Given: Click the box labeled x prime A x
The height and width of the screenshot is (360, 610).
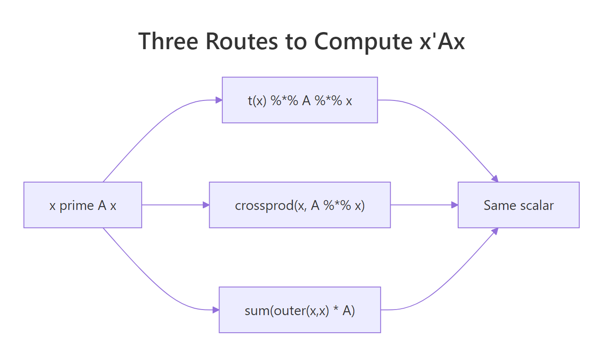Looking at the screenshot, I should (x=83, y=205).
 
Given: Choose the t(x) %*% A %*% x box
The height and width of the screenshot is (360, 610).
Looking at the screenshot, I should (x=299, y=100).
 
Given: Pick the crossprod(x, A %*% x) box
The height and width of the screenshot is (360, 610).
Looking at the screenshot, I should (x=299, y=205).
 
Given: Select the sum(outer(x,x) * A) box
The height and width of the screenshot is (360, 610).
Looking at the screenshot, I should (x=299, y=310).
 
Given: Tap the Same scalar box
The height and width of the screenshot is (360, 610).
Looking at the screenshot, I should (x=518, y=205).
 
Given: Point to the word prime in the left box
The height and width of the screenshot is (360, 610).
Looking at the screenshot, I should (x=77, y=206).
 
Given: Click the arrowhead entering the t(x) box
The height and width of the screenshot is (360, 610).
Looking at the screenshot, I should (x=219, y=100).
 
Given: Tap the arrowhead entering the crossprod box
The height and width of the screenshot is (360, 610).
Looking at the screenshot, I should (x=206, y=205).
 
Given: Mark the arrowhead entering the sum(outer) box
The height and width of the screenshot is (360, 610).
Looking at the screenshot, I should (x=216, y=310).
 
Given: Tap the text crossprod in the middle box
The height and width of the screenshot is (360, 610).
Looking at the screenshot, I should (x=264, y=206).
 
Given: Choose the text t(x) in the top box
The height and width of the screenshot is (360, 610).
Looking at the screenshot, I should (x=257, y=101).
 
